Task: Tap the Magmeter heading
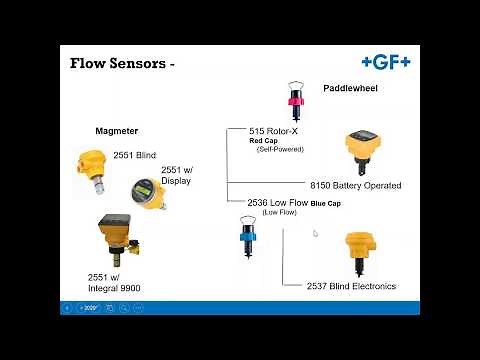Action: pos(116,131)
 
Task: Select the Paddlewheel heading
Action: pos(349,89)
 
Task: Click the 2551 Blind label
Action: pos(136,155)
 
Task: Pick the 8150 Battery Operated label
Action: pos(355,185)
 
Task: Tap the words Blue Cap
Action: pos(326,204)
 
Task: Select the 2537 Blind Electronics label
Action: pos(351,286)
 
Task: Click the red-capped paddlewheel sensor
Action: pos(295,101)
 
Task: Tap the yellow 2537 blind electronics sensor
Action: pos(358,253)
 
